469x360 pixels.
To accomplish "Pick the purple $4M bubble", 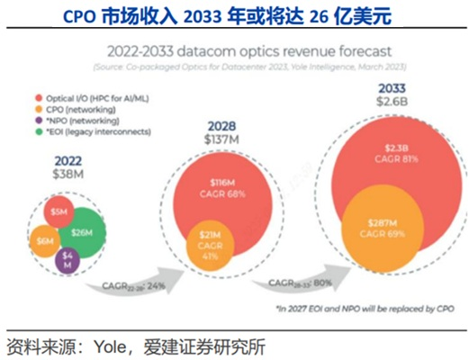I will pyautogui.click(x=68, y=262).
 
